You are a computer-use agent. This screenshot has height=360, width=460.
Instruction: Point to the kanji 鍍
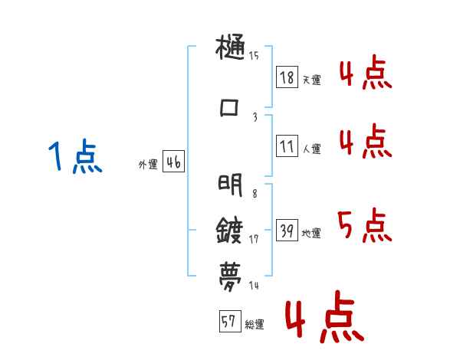[231, 228]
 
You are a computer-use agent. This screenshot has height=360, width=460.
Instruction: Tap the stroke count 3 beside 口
[255, 116]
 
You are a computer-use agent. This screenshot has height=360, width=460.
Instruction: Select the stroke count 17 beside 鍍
[254, 238]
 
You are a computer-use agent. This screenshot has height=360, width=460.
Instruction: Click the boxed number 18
[287, 77]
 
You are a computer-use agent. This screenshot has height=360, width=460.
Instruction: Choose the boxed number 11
[287, 146]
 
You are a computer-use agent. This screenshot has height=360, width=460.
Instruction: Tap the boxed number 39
[287, 231]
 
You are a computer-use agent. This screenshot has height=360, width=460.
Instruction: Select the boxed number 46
[173, 162]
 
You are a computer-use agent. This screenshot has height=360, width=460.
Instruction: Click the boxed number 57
[229, 322]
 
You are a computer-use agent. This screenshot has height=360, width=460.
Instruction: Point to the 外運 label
[148, 164]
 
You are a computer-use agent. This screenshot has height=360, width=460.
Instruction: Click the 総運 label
[255, 325]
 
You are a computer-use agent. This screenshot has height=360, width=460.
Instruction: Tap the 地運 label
[311, 233]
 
